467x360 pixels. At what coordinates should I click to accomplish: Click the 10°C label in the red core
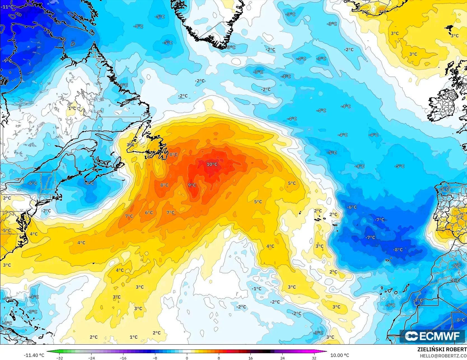point(212,164)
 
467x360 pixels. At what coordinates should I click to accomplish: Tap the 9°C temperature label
point(192,185)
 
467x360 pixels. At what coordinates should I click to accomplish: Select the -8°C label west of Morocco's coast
point(398,250)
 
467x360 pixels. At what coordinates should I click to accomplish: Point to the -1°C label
point(256,289)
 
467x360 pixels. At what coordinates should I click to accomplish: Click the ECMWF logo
point(433,336)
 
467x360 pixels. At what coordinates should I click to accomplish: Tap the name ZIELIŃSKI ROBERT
point(442,349)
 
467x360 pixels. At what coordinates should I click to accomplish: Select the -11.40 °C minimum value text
point(34,355)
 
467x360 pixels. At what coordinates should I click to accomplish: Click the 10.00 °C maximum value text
point(340,355)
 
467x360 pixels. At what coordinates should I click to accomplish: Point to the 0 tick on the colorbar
point(187,358)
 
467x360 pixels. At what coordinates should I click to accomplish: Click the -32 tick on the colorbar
point(59,358)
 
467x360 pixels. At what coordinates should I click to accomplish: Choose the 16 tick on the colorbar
point(250,358)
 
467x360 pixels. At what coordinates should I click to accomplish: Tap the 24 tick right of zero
point(282,358)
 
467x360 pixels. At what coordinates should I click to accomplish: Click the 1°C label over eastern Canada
point(72,109)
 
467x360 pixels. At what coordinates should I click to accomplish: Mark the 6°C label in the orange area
point(149,213)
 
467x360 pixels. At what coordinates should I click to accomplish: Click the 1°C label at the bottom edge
point(133,337)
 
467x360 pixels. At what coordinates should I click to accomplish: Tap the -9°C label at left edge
point(7,61)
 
